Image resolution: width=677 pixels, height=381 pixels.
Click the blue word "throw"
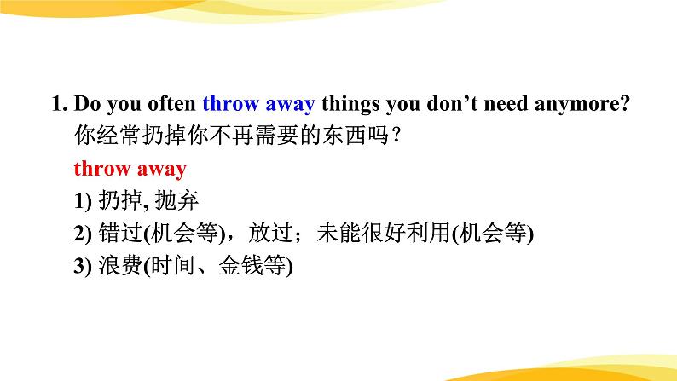coord(230,103)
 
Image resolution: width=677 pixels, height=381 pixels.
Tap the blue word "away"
coord(290,106)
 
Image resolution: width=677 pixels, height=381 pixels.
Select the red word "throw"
coord(102,168)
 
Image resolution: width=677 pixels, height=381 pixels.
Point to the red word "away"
coord(162,170)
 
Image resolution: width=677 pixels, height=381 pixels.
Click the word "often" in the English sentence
coord(172,103)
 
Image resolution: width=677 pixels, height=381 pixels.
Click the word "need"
coord(506,103)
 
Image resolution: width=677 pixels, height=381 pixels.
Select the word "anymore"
coord(577,106)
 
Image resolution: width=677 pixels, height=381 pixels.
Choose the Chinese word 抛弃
coord(176,200)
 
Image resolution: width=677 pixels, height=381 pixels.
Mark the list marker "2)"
coord(83,234)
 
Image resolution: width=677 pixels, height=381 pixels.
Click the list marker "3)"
coord(83,266)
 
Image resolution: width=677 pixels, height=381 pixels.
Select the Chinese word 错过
coord(121,233)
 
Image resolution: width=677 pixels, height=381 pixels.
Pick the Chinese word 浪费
coord(121,265)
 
